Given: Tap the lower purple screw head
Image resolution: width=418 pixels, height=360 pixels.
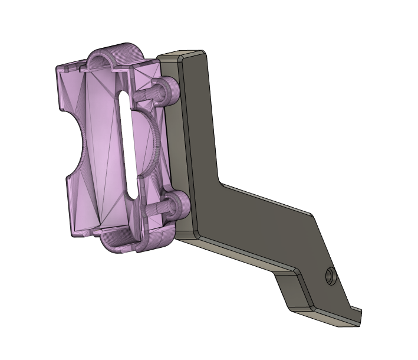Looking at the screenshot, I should (177, 207).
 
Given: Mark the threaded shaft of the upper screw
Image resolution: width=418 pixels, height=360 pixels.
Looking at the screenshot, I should (145, 93).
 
